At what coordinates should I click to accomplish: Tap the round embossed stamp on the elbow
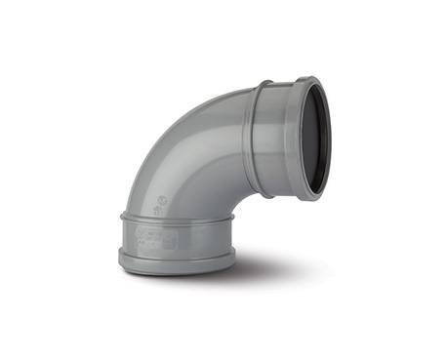click(x=162, y=198)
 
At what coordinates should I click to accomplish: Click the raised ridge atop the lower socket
click(x=176, y=217)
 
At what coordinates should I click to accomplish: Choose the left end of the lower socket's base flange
click(x=120, y=259)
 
